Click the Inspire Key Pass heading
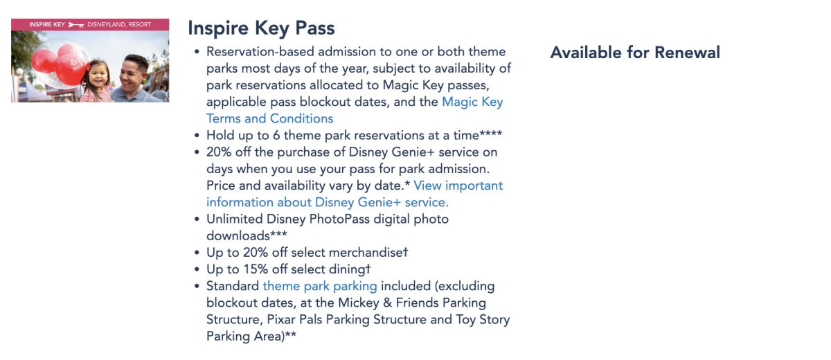261,28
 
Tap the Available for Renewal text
635,53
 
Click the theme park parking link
320,286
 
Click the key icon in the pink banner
76,25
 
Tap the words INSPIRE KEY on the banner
47,24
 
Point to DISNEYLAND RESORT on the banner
119,24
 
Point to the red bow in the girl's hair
89,66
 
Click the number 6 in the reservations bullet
276,135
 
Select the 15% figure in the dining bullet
256,269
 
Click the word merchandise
366,253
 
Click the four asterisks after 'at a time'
490,134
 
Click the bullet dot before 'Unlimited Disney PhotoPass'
197,219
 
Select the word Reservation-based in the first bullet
260,51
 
